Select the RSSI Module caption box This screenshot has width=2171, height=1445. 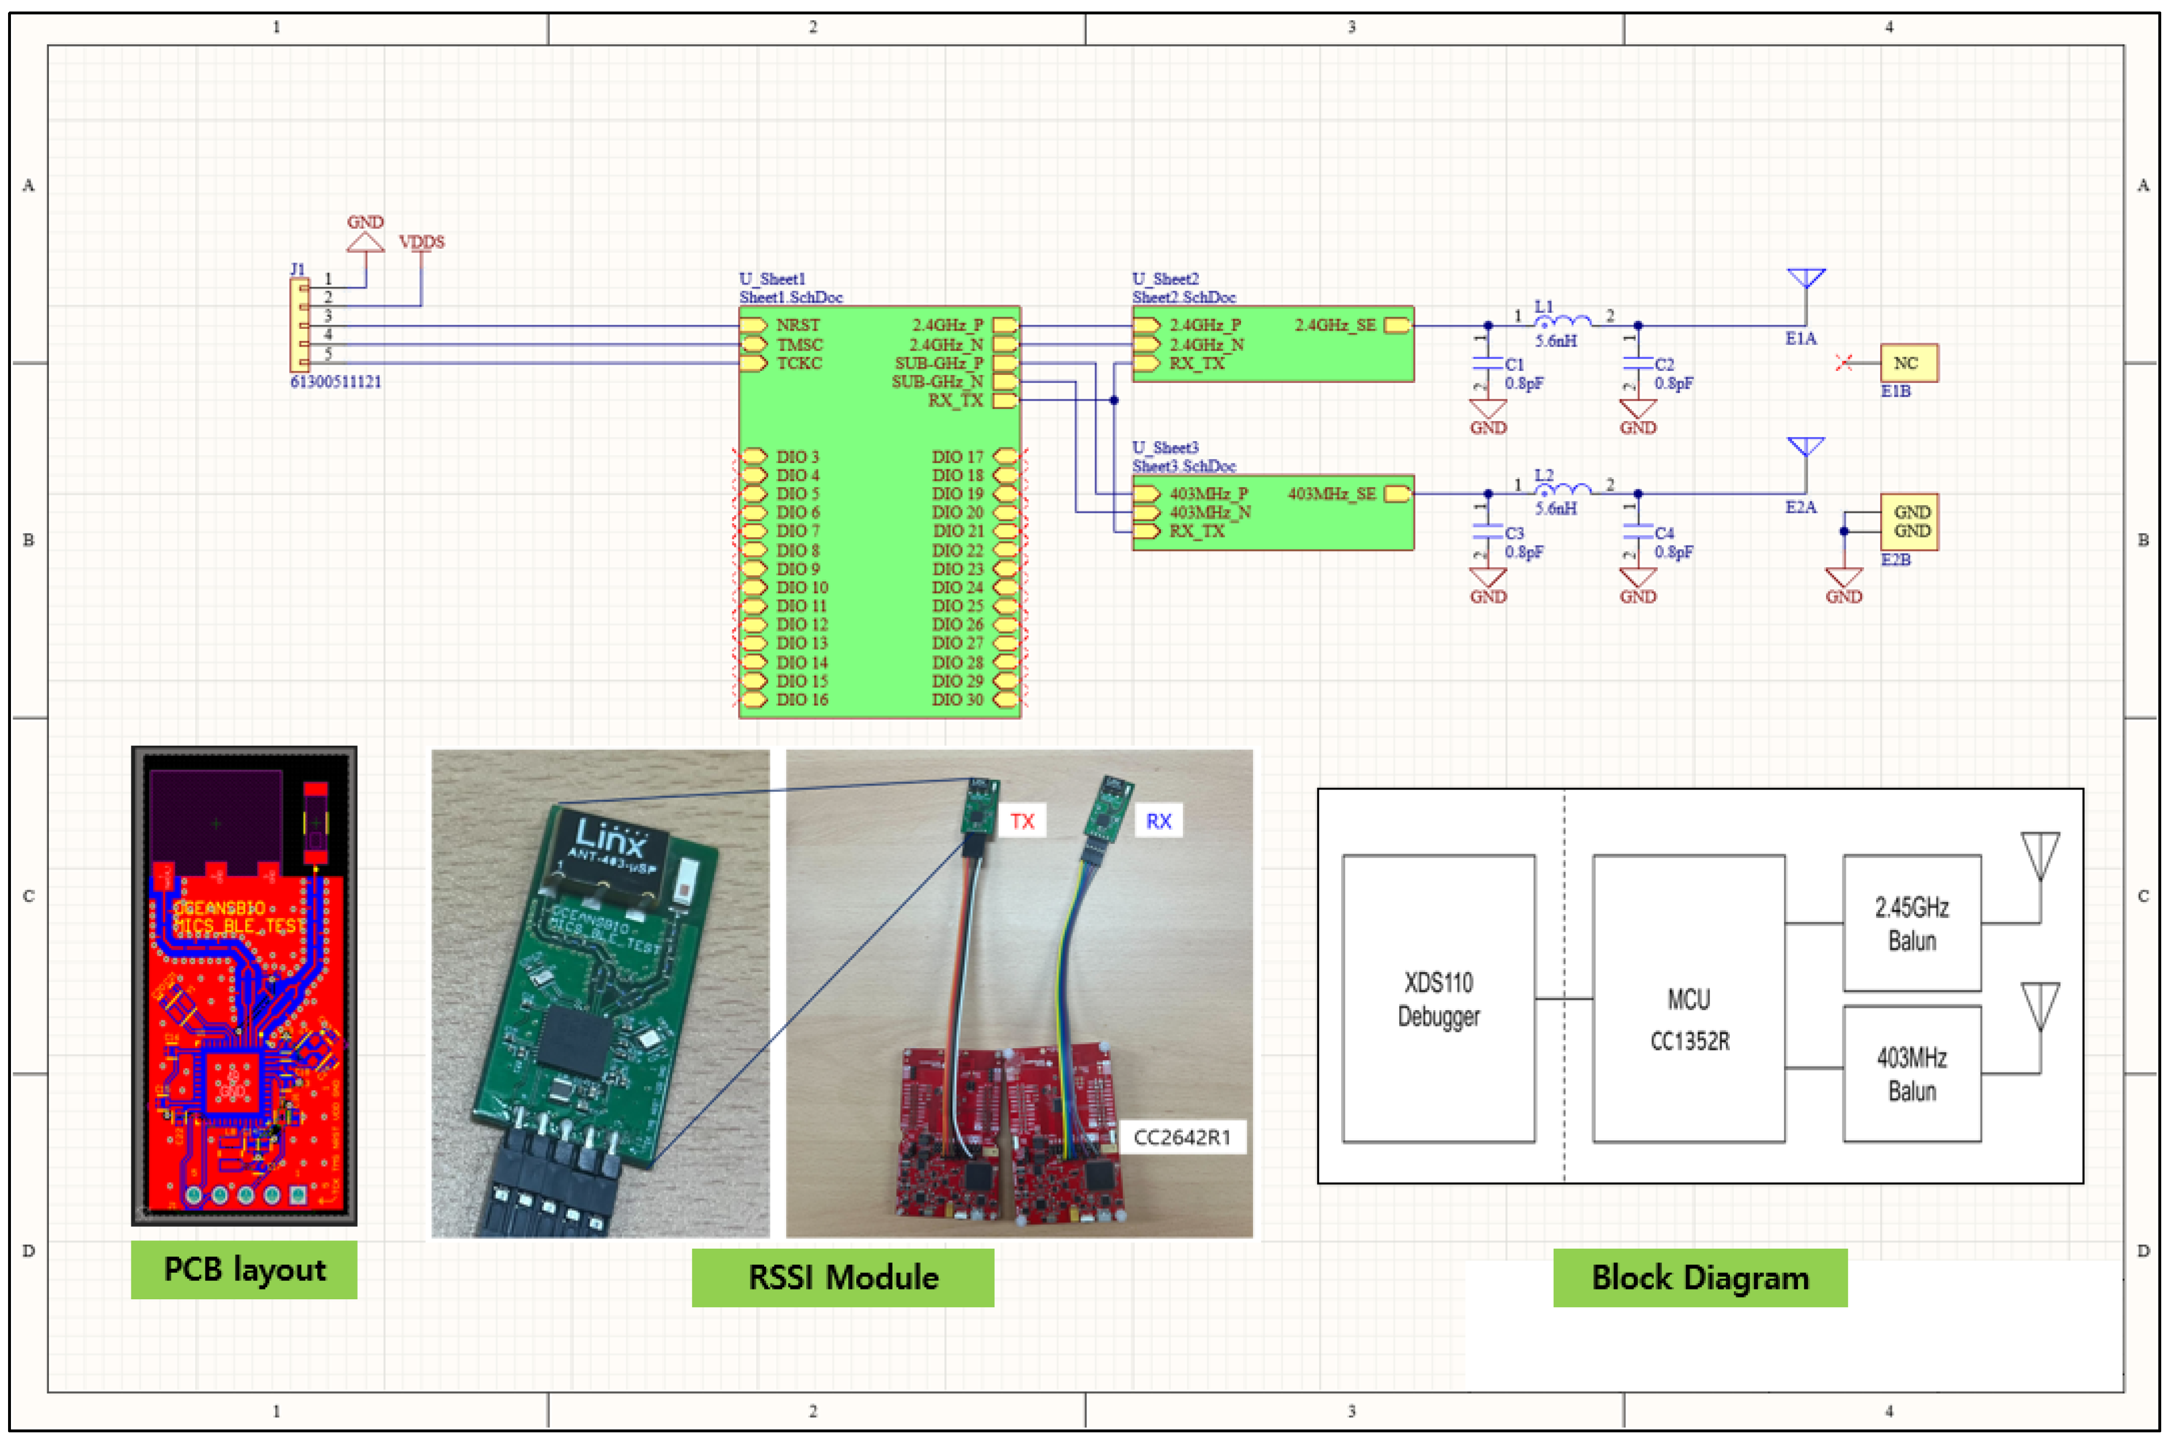842,1277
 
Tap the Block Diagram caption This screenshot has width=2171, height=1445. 1699,1277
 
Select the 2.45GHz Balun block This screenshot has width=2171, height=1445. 1911,923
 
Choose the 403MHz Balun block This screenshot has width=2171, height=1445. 1911,1074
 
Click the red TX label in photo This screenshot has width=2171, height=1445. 1022,820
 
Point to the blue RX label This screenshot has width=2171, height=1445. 1157,820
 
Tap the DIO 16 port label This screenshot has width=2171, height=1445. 802,699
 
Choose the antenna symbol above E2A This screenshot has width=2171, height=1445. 1805,449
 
